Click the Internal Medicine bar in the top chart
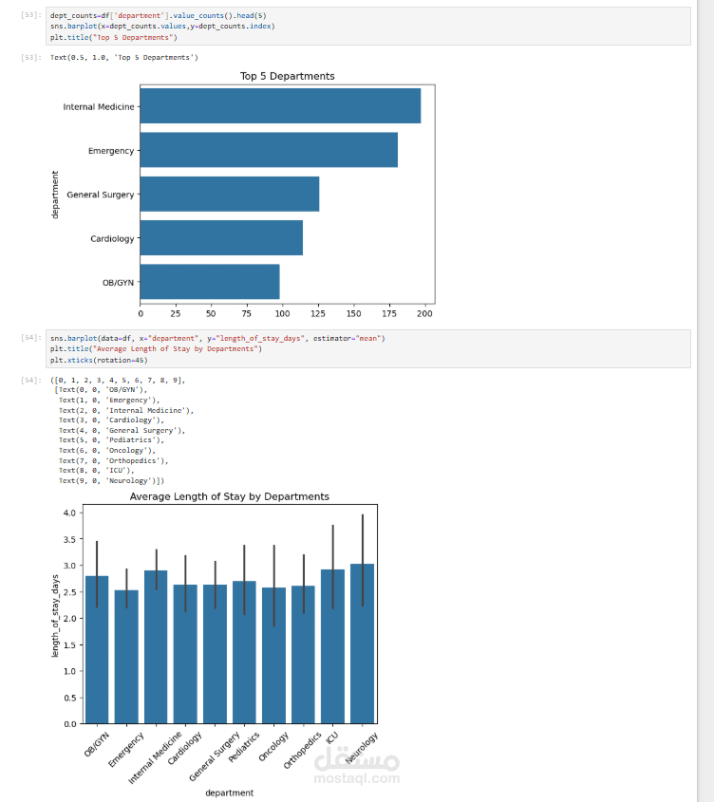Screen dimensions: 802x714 (280, 105)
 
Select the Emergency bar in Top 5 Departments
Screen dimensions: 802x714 (269, 150)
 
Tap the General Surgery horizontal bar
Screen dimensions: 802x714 (230, 194)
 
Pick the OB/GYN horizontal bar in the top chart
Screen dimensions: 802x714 (210, 282)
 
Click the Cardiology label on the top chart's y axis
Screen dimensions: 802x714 (112, 238)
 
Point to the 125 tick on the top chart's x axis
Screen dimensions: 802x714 (318, 312)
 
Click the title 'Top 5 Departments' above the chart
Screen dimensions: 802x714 (287, 76)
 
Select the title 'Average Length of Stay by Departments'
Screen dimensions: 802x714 (229, 496)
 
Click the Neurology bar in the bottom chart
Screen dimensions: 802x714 (362, 645)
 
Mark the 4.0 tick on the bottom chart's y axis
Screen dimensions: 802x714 (68, 513)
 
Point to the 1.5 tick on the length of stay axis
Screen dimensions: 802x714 (68, 644)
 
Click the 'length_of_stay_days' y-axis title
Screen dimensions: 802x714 (55, 616)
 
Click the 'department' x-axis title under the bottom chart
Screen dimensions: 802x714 (229, 793)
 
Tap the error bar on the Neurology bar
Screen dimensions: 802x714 (362, 560)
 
